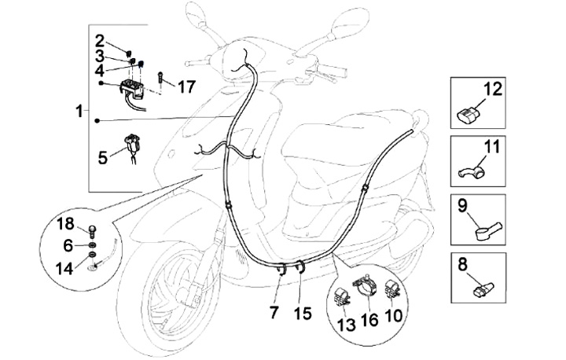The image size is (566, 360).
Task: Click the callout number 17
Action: click(x=186, y=86)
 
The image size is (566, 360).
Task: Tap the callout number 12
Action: click(x=492, y=89)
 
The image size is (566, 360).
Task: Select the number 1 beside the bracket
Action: click(x=79, y=112)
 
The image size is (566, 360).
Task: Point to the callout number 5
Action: click(x=103, y=158)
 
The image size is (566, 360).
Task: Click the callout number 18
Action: click(x=66, y=224)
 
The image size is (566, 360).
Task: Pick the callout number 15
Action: click(x=303, y=314)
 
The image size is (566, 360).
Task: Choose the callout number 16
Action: click(x=369, y=320)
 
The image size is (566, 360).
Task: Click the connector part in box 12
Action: click(x=469, y=116)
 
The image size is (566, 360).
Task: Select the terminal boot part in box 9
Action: click(x=488, y=231)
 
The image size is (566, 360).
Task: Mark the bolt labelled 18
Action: click(x=93, y=231)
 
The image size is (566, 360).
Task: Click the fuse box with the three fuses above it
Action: click(x=131, y=90)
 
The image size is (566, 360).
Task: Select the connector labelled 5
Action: click(x=133, y=145)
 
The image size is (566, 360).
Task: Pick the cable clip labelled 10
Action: click(x=391, y=290)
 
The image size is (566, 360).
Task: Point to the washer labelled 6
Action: click(x=92, y=246)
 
